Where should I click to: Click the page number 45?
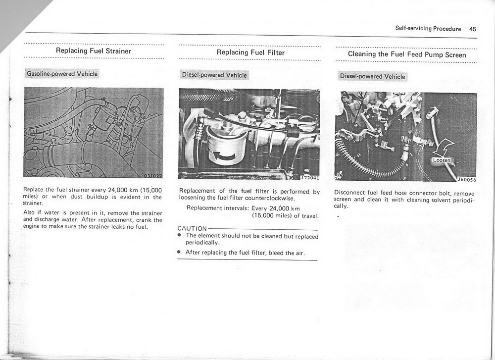click(472, 29)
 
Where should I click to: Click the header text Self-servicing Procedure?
click(428, 29)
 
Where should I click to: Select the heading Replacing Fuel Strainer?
click(94, 51)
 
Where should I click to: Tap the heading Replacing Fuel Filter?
click(250, 52)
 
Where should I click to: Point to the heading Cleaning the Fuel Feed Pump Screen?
click(407, 54)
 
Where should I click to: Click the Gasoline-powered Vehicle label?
click(62, 74)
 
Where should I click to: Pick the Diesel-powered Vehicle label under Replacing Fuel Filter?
click(214, 75)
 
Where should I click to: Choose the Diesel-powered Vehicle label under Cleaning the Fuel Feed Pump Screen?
click(372, 77)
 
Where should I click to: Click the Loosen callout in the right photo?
click(441, 160)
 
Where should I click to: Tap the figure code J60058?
click(466, 180)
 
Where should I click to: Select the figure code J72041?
click(309, 177)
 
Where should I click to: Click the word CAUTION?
click(192, 228)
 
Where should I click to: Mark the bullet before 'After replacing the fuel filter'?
click(179, 252)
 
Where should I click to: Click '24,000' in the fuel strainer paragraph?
click(114, 190)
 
